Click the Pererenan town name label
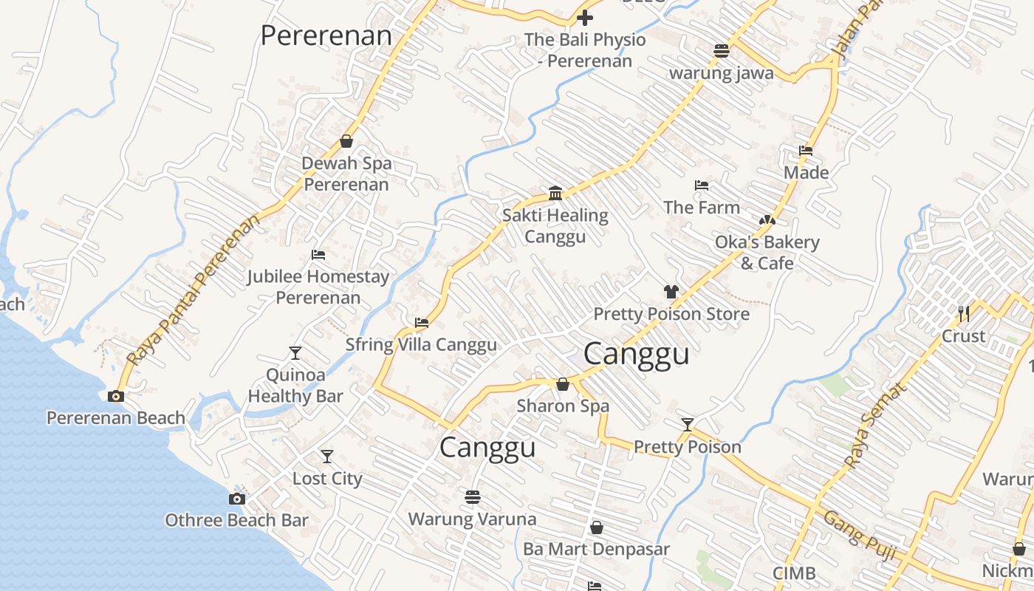(x=326, y=35)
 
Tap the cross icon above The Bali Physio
(x=585, y=18)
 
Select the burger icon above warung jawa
(x=722, y=51)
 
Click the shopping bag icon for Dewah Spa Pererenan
(x=346, y=141)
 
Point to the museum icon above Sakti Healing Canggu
(x=555, y=194)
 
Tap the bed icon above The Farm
(x=702, y=185)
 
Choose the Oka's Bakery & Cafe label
(x=767, y=253)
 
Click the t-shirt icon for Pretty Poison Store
(x=671, y=292)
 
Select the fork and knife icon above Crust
(x=963, y=314)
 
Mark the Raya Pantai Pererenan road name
(x=194, y=290)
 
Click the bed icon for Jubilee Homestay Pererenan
(x=318, y=255)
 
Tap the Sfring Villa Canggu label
(x=421, y=345)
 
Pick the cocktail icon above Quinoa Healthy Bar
(x=295, y=352)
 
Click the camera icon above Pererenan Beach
(x=116, y=396)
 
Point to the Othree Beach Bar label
(x=236, y=520)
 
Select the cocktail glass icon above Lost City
(x=327, y=456)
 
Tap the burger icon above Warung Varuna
(x=473, y=497)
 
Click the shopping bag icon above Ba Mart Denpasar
(x=596, y=527)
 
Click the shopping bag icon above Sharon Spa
(x=563, y=384)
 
